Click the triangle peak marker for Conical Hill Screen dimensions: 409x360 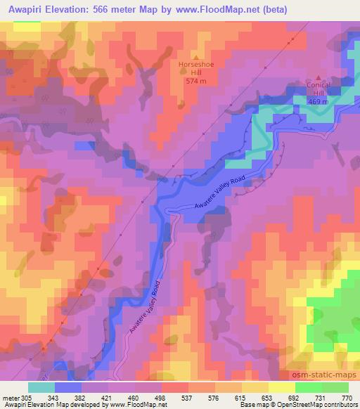319,77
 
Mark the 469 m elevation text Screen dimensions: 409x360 319,101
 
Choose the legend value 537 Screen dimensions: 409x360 188,398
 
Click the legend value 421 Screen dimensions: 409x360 108,398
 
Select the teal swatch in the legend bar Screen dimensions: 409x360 41,387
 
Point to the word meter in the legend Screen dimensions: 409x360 10,398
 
